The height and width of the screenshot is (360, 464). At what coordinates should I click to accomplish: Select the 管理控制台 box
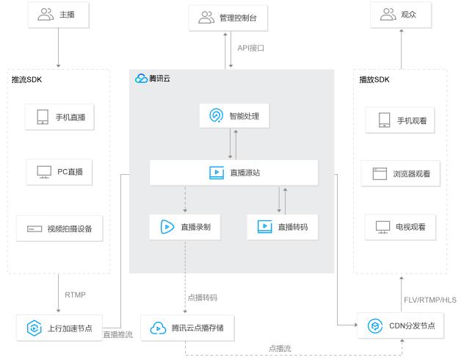point(231,16)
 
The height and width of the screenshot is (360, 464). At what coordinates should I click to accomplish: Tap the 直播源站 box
point(233,173)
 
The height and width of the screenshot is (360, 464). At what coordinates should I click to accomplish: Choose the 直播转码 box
point(282,227)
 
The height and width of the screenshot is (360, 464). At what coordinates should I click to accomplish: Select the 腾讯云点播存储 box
point(187,328)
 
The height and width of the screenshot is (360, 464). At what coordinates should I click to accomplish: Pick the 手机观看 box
point(400,120)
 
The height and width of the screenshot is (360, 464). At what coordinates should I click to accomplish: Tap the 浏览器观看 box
point(400,174)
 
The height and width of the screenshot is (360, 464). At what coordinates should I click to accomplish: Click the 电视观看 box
point(400,227)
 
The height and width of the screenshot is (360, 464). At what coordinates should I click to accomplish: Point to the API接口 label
point(250,48)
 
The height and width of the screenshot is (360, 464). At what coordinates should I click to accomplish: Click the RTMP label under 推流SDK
point(75,295)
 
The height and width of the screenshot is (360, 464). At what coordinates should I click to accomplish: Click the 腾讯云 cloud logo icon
point(141,78)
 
